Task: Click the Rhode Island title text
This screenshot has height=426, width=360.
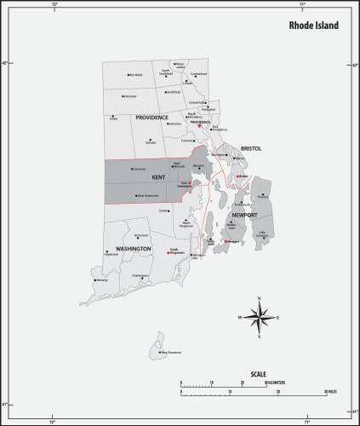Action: [x=312, y=26]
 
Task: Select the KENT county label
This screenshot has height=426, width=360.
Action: [x=158, y=177]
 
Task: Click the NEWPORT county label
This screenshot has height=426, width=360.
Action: [x=243, y=216]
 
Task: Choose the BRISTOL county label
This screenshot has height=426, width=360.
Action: [x=249, y=147]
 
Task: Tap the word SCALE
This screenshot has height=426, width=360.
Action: [x=258, y=375]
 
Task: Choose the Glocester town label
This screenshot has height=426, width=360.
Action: [x=129, y=97]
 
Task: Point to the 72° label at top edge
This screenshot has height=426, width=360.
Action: [x=54, y=4]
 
